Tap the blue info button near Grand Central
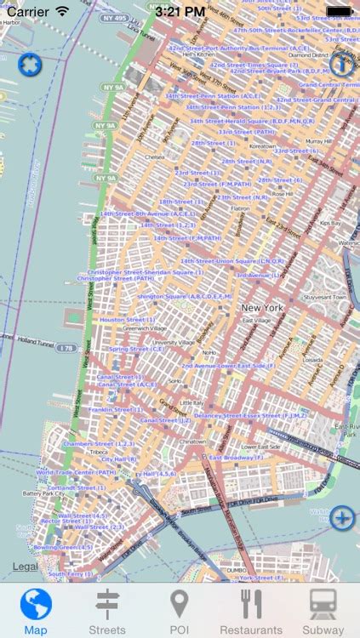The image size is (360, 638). click(x=341, y=66)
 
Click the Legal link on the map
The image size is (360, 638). click(x=26, y=567)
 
